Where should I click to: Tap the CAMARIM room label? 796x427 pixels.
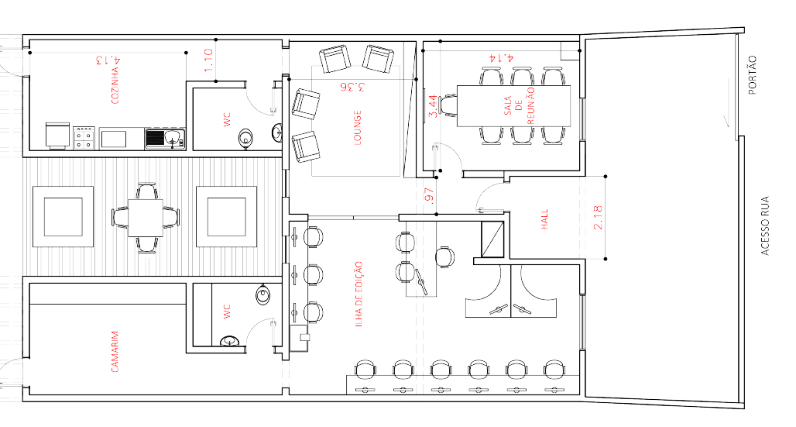115,351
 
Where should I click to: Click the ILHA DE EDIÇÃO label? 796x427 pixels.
359,293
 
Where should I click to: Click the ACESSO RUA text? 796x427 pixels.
765,225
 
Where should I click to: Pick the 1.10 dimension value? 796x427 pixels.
208,60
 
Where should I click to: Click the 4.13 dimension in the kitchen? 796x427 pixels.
108,60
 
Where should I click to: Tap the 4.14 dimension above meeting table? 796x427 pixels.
501,57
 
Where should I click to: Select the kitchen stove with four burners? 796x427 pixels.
84,138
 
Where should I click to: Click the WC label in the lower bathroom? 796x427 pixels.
228,311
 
